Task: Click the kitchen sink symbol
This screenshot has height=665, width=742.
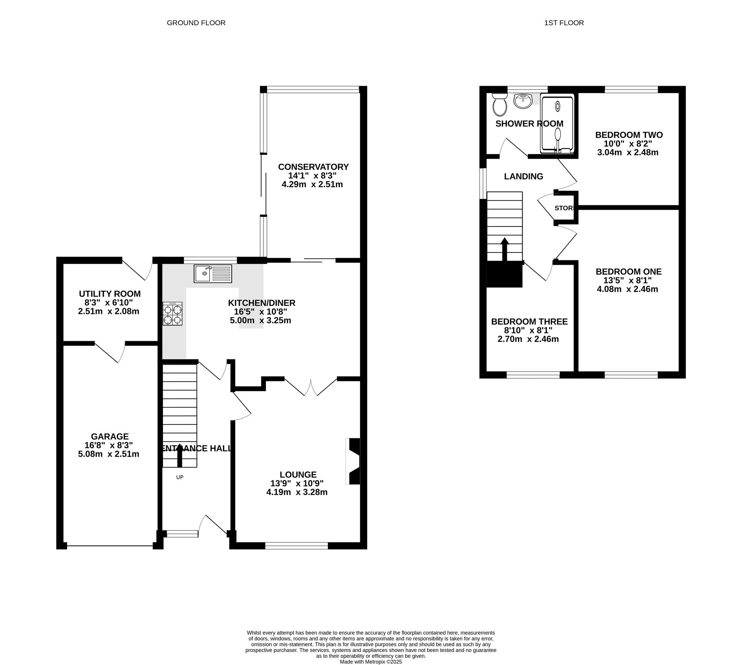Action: coord(213,274)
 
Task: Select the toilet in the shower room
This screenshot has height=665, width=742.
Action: coord(500,104)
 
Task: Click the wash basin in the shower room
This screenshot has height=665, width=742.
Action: coord(523,101)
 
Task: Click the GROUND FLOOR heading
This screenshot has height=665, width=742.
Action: coord(196,23)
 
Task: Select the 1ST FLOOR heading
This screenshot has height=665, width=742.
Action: coord(564,23)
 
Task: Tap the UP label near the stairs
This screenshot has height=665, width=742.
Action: coord(180,477)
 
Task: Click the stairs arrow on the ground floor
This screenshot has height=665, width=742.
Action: coord(180,456)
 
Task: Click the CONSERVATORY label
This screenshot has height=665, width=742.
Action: coord(313,167)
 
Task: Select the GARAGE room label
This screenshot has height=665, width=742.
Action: coord(110,437)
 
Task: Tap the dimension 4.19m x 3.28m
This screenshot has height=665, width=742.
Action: coord(297,492)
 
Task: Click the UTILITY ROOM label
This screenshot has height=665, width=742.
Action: coord(110,294)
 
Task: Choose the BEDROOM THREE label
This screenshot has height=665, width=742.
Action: coord(529,322)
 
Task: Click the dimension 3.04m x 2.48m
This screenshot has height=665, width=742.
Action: coord(628,152)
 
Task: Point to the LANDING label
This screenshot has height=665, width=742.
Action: coord(523,177)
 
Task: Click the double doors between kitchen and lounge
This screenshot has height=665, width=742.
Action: coord(311,387)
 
